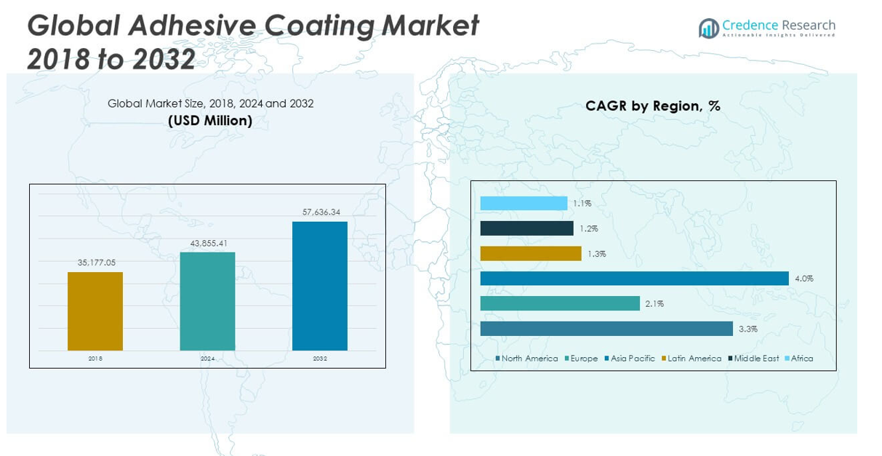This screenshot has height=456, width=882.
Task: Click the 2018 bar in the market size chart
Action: point(95,311)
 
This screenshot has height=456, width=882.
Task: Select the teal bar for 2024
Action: point(207,301)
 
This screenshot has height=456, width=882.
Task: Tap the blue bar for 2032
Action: point(320,286)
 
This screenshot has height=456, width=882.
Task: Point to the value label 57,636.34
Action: point(321,212)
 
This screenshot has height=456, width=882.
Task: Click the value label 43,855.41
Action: point(209,243)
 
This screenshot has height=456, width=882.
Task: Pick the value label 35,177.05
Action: point(96,263)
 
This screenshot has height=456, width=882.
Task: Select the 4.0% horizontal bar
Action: point(634,279)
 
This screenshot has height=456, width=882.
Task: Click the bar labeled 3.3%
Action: point(606,329)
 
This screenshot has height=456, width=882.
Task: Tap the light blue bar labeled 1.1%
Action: point(524,204)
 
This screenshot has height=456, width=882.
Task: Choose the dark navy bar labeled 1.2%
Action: point(526,228)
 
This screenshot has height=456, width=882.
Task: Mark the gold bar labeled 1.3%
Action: point(531,253)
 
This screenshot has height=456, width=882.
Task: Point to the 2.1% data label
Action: point(654,304)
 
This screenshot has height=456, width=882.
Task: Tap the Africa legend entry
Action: point(799,359)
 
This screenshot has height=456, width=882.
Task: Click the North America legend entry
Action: point(526,359)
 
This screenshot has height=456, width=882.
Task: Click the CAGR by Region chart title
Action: point(652,106)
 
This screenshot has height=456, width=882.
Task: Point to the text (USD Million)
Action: point(210,121)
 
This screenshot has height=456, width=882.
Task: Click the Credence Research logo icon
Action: point(708,28)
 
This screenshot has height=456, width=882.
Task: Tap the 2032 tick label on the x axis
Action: point(320,359)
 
